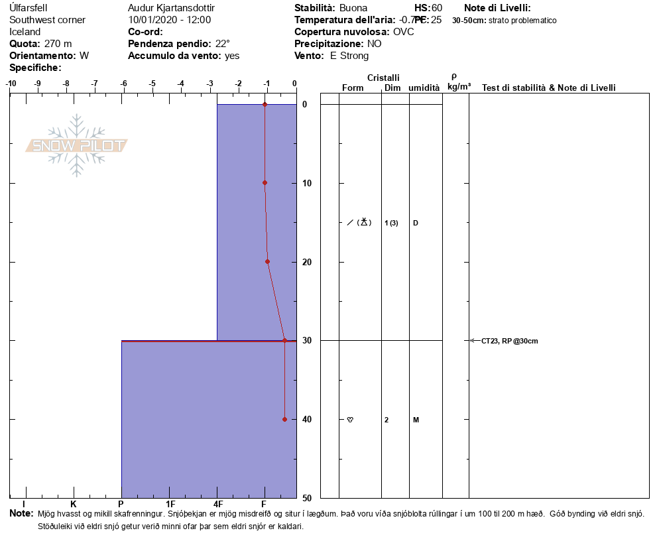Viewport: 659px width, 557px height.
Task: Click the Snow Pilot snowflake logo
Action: pyautogui.click(x=77, y=145)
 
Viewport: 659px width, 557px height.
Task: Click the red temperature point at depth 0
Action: pyautogui.click(x=265, y=105)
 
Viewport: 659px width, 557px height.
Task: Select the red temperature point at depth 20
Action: pyautogui.click(x=267, y=261)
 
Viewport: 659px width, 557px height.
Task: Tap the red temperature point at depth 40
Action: pyautogui.click(x=284, y=419)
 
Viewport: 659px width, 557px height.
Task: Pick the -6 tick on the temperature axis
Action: pyautogui.click(x=123, y=84)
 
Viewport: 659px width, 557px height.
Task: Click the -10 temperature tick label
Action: pyautogui.click(x=11, y=84)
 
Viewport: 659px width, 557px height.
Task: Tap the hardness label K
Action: pyautogui.click(x=74, y=505)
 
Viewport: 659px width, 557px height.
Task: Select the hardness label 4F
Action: pyautogui.click(x=218, y=505)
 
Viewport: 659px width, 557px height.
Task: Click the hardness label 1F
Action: pyautogui.click(x=170, y=505)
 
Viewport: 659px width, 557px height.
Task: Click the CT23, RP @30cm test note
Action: pyautogui.click(x=509, y=341)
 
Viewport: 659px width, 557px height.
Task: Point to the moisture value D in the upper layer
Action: pyautogui.click(x=416, y=223)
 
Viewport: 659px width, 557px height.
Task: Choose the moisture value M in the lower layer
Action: pyautogui.click(x=416, y=420)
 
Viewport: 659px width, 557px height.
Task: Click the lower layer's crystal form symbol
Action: pyautogui.click(x=350, y=420)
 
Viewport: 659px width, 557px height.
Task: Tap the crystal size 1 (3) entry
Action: pyautogui.click(x=391, y=223)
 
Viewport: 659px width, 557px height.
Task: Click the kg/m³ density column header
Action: pyautogui.click(x=459, y=87)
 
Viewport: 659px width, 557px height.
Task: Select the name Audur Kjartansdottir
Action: pyautogui.click(x=171, y=8)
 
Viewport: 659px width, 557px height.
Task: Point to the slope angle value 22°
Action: pyautogui.click(x=222, y=44)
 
